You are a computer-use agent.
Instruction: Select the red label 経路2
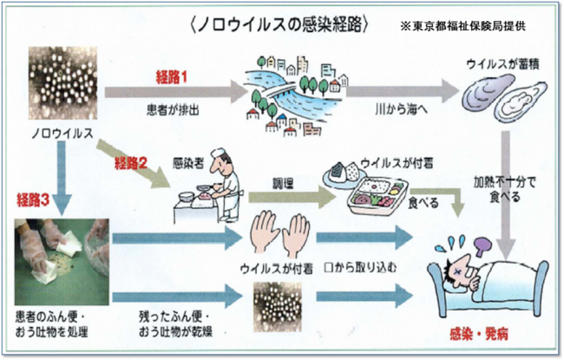[x=130, y=160]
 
